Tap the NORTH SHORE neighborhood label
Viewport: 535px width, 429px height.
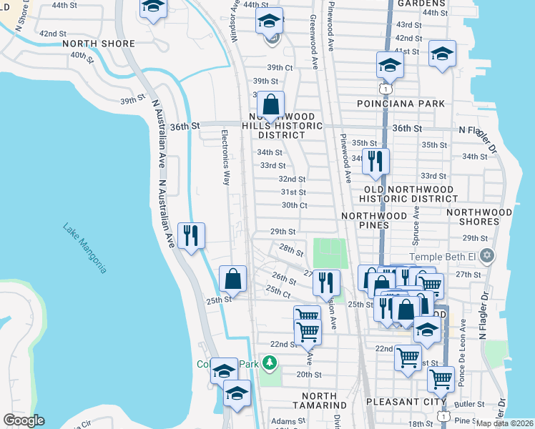click(99, 44)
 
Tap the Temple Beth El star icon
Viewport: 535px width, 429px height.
click(487, 256)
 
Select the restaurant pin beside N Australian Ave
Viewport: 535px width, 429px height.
click(190, 235)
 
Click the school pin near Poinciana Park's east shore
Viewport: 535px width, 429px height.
click(442, 54)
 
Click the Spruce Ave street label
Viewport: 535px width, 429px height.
click(415, 227)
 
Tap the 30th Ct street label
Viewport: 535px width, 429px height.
click(294, 205)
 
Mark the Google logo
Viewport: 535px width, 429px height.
click(24, 420)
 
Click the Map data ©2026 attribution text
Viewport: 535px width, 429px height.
click(504, 423)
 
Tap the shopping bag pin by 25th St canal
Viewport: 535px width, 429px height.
click(232, 279)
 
